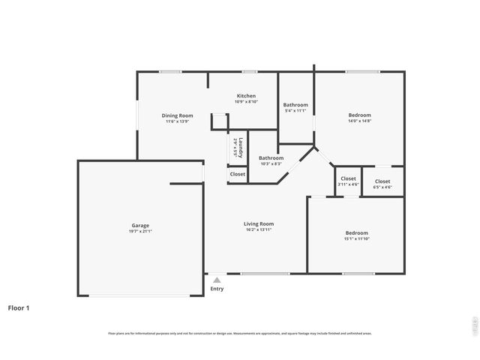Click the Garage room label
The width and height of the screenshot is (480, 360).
point(140,225)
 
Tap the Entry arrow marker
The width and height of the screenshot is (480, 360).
point(217,280)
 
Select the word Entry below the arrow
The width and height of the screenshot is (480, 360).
point(217,289)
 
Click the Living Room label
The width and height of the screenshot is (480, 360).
point(258,223)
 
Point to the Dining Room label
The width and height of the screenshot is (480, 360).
point(178,115)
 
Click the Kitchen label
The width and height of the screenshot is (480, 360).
point(246,96)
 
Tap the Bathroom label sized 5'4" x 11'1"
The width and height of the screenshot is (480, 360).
point(295,105)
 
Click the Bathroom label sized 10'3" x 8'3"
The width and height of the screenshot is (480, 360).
point(271,157)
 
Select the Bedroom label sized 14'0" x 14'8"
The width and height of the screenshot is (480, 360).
point(359,115)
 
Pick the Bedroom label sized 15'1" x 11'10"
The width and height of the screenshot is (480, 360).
point(356,232)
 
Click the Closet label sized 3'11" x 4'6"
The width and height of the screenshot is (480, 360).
point(348,178)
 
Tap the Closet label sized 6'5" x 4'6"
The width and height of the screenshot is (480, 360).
point(382,181)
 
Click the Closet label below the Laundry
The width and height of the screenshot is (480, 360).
point(237,174)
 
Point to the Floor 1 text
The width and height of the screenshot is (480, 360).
point(19,307)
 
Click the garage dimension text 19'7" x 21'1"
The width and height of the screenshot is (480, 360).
point(140,232)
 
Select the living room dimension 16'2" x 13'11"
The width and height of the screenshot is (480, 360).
point(258,229)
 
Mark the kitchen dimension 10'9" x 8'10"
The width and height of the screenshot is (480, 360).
point(246,102)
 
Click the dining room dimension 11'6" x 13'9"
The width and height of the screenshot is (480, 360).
point(178,121)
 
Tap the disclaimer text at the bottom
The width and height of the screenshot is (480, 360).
point(240,333)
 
